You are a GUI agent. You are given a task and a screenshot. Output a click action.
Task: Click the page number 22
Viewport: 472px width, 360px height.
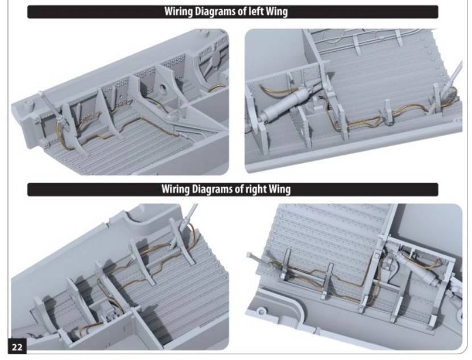coord(17,347)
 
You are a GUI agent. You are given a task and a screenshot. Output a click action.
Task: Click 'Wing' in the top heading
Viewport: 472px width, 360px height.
coord(276,12)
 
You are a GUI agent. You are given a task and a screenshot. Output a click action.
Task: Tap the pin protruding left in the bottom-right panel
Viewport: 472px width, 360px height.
coord(256,258)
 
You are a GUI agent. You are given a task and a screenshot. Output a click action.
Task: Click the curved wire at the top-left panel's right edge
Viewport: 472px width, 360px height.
coord(217,87)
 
